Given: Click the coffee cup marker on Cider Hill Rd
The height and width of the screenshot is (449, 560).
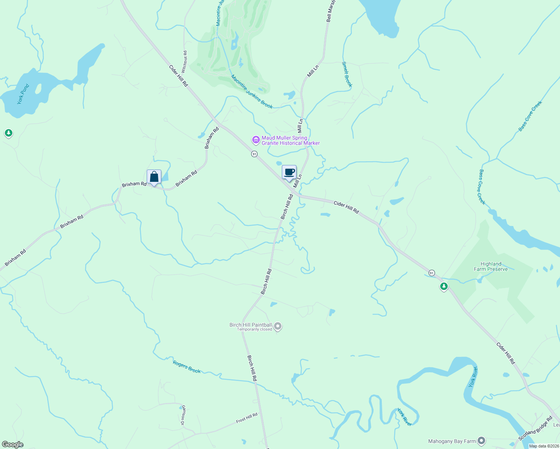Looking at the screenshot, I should [289, 172].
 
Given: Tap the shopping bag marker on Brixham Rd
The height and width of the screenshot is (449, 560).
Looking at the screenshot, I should [154, 177].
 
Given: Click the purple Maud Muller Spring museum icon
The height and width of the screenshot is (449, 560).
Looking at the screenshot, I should [256, 140].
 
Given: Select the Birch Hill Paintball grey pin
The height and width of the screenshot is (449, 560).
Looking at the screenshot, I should [277, 326].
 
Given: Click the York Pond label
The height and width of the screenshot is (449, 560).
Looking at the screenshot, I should [23, 94].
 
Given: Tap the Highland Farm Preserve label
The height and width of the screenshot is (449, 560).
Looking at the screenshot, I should [491, 266].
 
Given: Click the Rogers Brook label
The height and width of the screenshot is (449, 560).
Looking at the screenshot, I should [187, 367].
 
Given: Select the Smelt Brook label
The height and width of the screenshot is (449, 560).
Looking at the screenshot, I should [347, 74].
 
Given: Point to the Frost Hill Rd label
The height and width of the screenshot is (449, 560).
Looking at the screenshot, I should [247, 418].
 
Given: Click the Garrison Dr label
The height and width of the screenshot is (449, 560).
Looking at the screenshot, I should [183, 415].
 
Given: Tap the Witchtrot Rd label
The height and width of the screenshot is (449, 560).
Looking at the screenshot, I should [184, 62].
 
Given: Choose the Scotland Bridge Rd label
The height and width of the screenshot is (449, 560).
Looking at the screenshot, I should [535, 428].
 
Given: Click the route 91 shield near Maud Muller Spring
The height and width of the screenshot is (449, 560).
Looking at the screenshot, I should [255, 154].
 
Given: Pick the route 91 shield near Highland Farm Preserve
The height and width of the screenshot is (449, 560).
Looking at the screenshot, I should [432, 272].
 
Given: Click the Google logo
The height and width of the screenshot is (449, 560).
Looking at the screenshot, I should [13, 445].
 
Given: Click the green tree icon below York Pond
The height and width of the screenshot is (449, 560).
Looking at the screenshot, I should [9, 133].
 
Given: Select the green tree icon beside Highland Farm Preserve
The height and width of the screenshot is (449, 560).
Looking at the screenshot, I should [444, 287].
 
